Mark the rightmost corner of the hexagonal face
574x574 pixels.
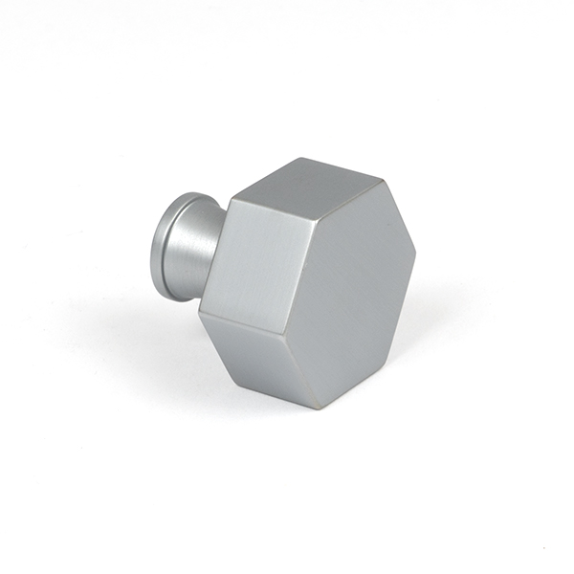pos(416,254)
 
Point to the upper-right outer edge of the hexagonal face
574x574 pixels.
pos(402,218)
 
